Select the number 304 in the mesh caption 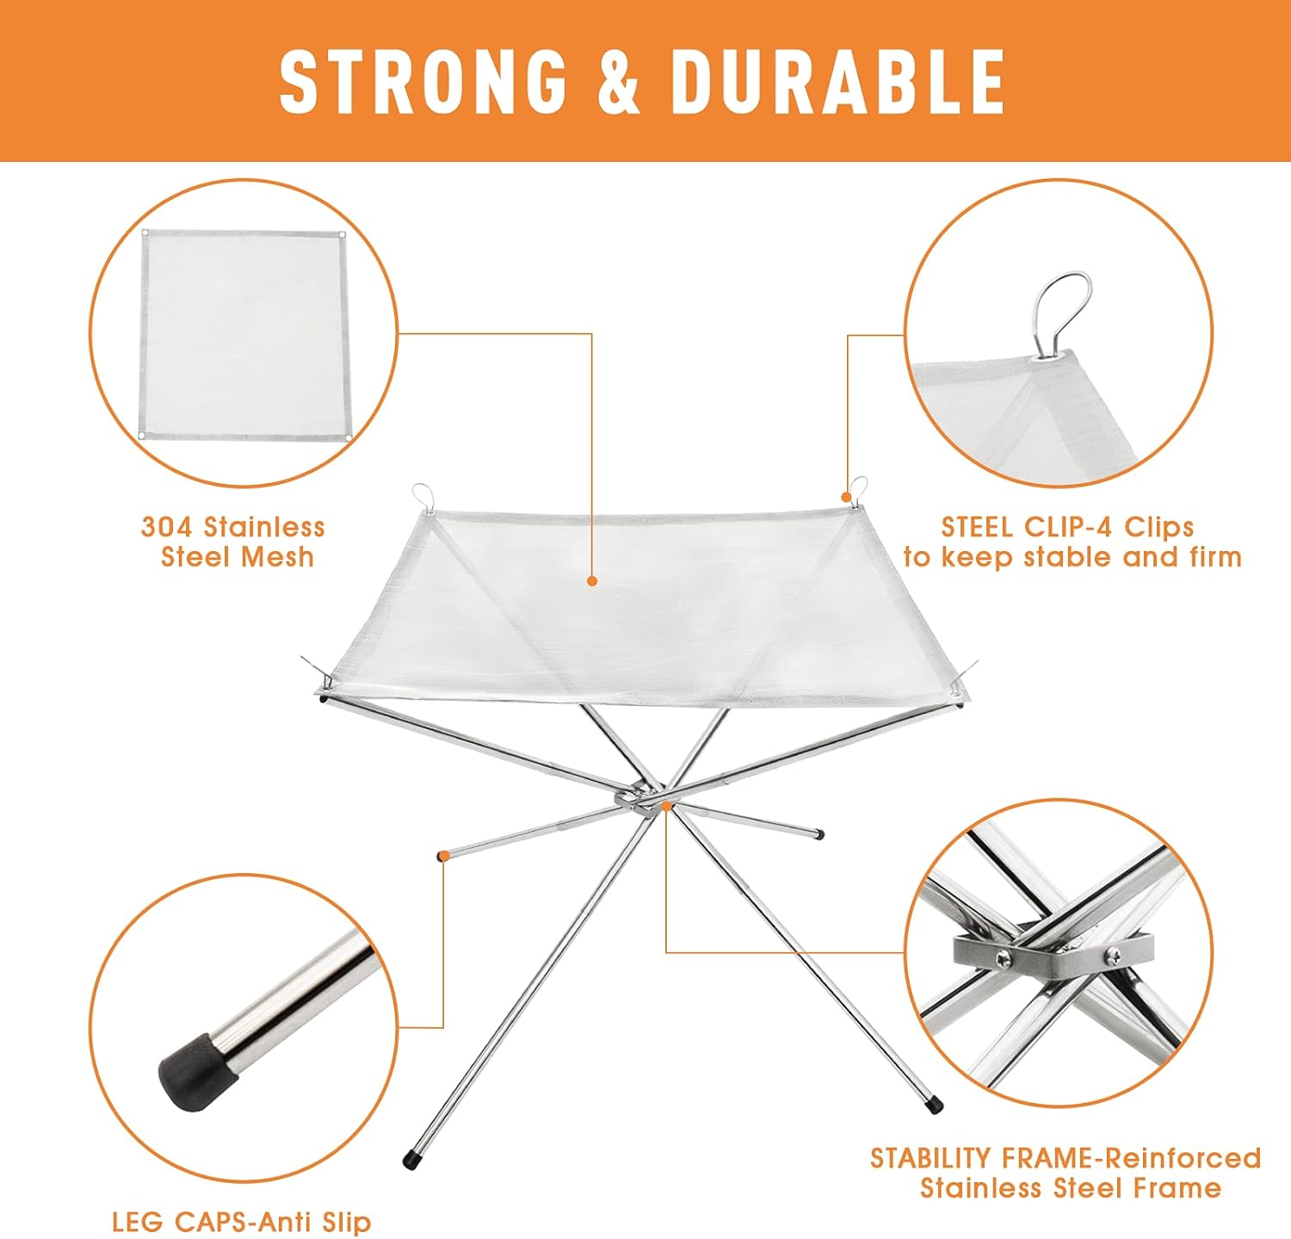pyautogui.click(x=169, y=526)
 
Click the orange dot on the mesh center pyautogui.click(x=592, y=581)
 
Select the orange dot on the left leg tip pyautogui.click(x=443, y=855)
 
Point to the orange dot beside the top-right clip pyautogui.click(x=847, y=496)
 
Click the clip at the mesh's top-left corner pyautogui.click(x=422, y=497)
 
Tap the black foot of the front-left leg pyautogui.click(x=412, y=1158)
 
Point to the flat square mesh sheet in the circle pyautogui.click(x=244, y=338)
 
